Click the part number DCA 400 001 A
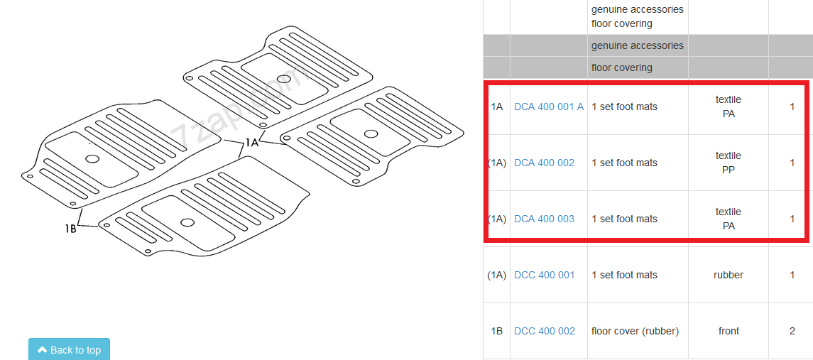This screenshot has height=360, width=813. pos(549,107)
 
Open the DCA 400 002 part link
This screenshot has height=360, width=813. pos(544,163)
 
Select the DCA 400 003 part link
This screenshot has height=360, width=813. pos(544,219)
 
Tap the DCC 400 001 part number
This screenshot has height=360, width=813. pos(544,275)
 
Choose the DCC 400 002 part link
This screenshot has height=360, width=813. pos(545,331)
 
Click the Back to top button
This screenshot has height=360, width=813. pos(69,349)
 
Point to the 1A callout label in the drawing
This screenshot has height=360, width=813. pos(251,142)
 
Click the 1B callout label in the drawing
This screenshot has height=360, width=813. pos(70,228)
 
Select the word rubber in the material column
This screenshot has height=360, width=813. pos(728,275)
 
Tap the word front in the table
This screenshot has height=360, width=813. pos(729,331)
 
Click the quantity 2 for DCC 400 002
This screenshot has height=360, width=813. pos(792,331)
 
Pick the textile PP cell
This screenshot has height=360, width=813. pos(728,163)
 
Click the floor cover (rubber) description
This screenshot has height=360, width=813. pos(635,331)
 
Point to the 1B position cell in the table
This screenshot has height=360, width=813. pos(496,331)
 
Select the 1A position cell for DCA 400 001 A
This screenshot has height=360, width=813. pos(496,107)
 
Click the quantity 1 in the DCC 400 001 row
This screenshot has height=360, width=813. pos(792,275)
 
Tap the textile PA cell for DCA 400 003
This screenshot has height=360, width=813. pos(728,219)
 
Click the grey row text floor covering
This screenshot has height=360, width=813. pos(622,67)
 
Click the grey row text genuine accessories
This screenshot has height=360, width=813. pos(638,45)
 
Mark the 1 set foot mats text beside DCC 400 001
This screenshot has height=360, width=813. pos(624,275)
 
